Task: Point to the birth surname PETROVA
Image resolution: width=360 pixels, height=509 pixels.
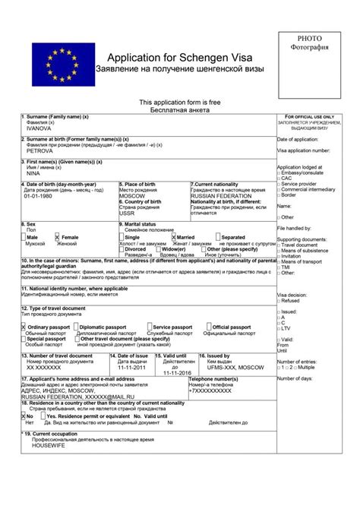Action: coord(39,150)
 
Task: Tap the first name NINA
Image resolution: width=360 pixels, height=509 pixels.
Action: coord(33,172)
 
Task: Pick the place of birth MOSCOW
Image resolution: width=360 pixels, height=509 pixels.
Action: coord(131,196)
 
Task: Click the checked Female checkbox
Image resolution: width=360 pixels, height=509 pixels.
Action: coord(57,237)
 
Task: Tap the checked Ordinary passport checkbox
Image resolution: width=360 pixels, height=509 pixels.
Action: coord(24,327)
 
